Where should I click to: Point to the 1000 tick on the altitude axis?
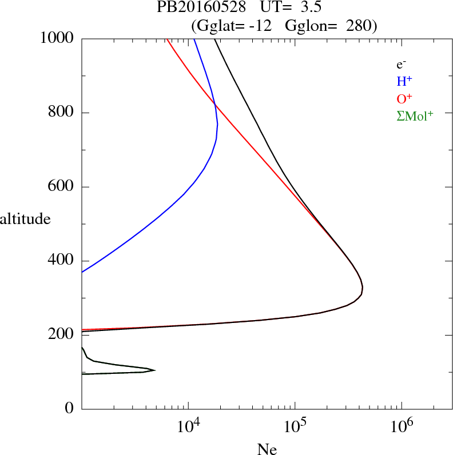pos(57,39)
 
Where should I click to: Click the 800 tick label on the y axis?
pos(62,113)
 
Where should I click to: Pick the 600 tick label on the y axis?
pos(62,187)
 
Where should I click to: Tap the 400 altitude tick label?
pos(62,261)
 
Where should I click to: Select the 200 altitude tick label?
pos(62,335)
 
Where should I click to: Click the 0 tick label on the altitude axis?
pos(70,409)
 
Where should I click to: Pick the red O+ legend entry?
pos(404,99)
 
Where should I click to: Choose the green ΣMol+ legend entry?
pos(415,116)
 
